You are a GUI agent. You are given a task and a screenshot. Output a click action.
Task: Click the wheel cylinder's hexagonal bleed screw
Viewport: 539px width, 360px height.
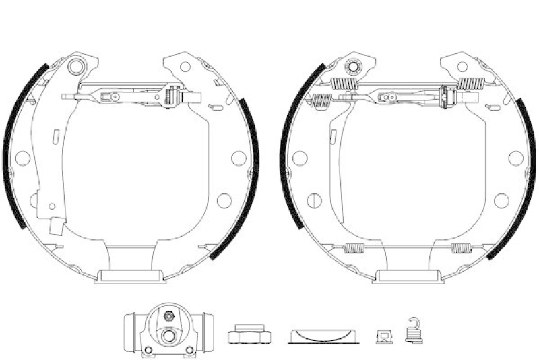coord(168,316)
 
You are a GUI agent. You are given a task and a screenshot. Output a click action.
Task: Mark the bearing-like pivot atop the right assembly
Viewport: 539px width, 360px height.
coord(352,66)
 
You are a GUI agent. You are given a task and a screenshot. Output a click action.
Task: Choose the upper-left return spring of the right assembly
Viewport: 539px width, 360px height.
coord(344,84)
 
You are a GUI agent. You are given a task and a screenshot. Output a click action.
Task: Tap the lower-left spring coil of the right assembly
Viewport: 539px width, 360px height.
coord(354,247)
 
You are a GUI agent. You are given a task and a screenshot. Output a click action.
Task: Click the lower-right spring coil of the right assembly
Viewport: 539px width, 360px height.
coord(462,247)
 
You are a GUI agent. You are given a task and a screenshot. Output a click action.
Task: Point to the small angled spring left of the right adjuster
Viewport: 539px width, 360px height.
coord(322,101)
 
